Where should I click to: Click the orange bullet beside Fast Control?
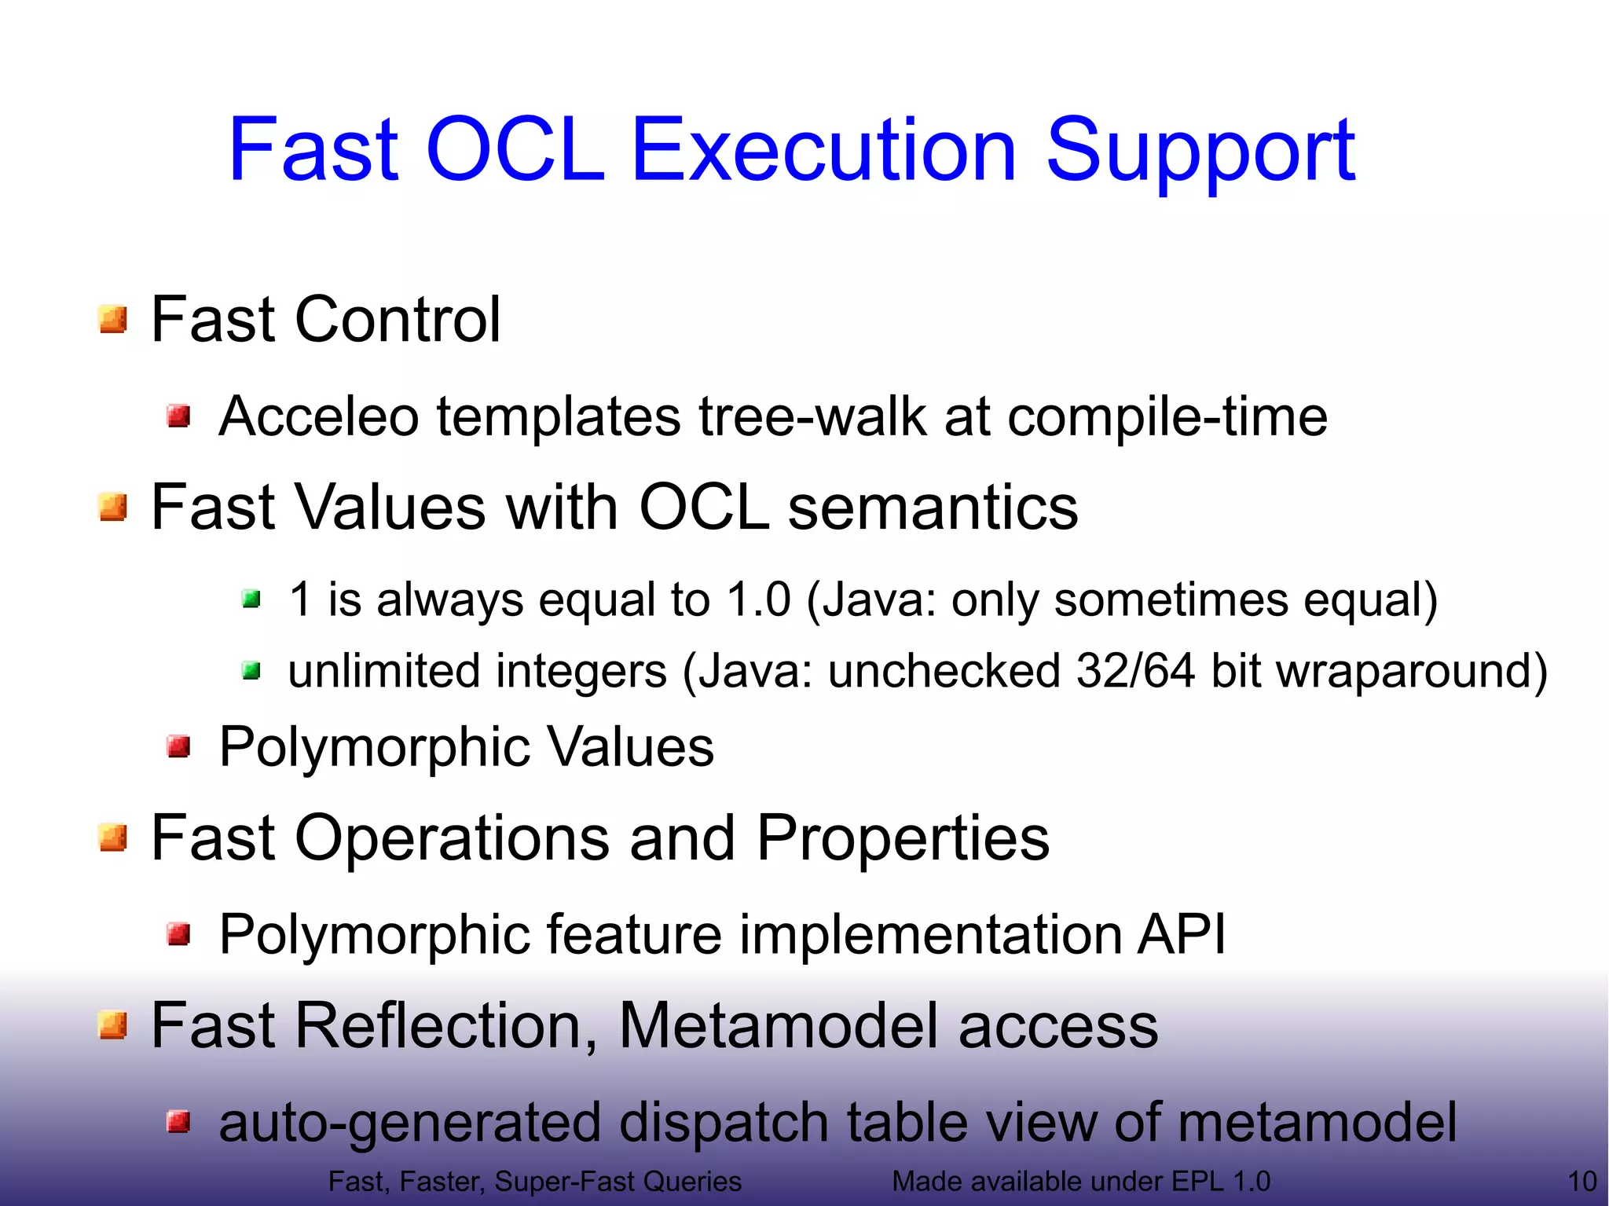pos(113,320)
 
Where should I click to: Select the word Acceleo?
pos(318,416)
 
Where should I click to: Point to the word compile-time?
pos(1167,418)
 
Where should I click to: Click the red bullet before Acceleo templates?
pos(179,416)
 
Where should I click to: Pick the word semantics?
pos(933,508)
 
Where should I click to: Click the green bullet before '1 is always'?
pos(251,600)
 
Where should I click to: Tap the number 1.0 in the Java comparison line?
pos(758,599)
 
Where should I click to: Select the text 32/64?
pos(1134,671)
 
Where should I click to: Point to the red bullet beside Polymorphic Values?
pos(179,746)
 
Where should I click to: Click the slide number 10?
pos(1582,1182)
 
